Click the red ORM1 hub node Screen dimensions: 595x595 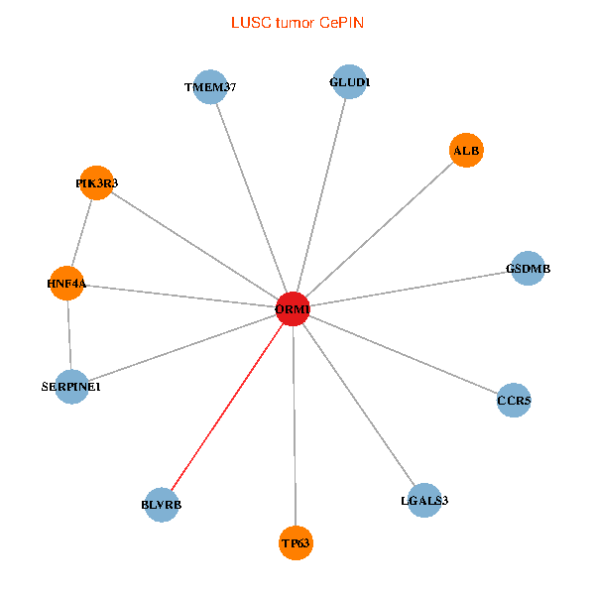point(293,309)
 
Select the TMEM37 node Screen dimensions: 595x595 point(210,87)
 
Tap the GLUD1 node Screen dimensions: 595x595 point(348,82)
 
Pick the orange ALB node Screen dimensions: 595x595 point(465,151)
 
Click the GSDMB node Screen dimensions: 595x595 point(528,268)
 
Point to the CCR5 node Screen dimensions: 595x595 point(514,401)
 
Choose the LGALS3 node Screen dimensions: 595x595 point(424,500)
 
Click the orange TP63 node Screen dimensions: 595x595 point(296,542)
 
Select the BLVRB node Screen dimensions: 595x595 point(162,505)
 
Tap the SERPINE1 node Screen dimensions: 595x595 point(71,386)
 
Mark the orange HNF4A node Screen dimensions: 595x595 point(66,284)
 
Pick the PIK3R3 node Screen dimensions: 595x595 point(96,182)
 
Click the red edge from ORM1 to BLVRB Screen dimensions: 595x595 point(227,407)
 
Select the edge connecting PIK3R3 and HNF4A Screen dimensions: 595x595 point(81,233)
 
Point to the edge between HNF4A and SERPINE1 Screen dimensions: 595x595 point(68,334)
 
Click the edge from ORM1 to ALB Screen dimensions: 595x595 point(379,230)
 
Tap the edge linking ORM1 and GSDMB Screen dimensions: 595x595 point(410,289)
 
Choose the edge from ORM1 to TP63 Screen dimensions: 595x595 point(294,426)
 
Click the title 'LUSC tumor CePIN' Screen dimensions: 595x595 point(297,22)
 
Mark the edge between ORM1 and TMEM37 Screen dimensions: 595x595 point(251,198)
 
